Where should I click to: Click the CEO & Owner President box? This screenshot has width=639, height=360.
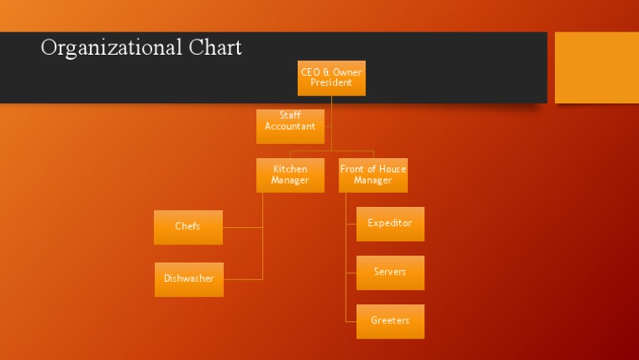click(x=331, y=77)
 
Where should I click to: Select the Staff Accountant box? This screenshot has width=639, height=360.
click(x=290, y=126)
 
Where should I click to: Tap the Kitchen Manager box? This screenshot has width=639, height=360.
click(x=290, y=175)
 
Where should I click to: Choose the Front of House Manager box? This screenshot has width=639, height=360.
click(x=373, y=175)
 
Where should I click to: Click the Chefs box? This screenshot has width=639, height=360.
click(x=188, y=227)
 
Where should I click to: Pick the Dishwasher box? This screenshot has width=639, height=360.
click(x=189, y=279)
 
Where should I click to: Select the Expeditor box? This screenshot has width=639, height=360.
click(x=390, y=224)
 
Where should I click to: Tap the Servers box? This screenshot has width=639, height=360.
click(x=390, y=273)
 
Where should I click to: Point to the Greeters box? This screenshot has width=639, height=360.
click(x=390, y=321)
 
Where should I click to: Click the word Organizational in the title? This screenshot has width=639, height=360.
click(x=100, y=47)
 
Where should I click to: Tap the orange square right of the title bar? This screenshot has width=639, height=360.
click(x=596, y=67)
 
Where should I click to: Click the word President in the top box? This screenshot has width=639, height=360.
click(x=331, y=83)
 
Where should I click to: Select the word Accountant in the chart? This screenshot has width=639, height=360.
click(x=290, y=126)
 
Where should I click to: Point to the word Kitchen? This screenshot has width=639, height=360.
click(x=290, y=169)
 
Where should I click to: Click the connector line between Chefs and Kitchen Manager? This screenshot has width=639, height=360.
click(x=243, y=227)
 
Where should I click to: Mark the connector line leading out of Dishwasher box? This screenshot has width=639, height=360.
click(x=243, y=279)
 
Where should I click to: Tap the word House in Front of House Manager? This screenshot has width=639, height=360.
click(x=391, y=169)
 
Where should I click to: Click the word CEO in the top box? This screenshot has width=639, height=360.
click(x=310, y=72)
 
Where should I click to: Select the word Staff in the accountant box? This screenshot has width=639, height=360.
click(x=290, y=116)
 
